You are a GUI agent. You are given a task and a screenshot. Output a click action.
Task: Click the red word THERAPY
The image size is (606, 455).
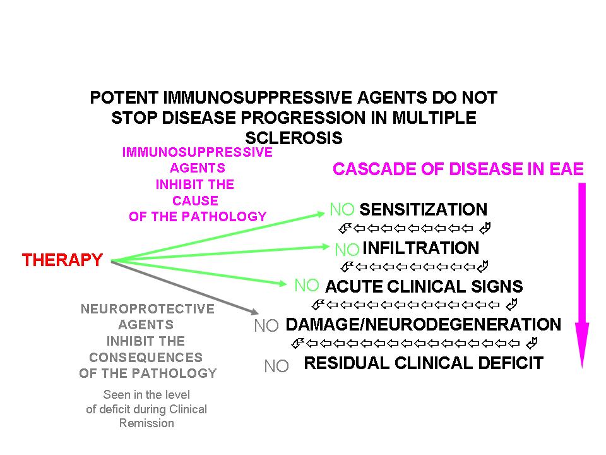(x=62, y=260)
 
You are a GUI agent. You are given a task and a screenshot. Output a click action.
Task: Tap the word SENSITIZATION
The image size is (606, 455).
(x=423, y=210)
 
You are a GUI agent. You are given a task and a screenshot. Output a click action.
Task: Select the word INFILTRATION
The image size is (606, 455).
(x=421, y=248)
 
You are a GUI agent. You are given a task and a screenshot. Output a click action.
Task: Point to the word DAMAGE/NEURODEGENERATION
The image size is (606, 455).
(x=423, y=325)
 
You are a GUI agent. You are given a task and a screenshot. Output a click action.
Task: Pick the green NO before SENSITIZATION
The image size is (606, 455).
(x=343, y=210)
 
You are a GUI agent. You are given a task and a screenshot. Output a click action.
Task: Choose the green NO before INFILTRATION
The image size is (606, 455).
(x=347, y=249)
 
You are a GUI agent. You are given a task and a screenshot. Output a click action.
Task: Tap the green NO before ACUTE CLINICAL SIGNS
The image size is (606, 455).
(x=307, y=286)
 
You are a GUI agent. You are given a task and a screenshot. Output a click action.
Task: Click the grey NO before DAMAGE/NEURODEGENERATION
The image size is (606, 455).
(x=266, y=326)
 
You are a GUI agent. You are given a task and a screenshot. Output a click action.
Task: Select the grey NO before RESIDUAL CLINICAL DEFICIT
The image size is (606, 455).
(x=276, y=366)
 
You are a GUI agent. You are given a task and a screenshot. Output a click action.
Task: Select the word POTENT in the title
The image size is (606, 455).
(x=124, y=99)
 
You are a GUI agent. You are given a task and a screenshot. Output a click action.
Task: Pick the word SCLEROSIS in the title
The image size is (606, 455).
(x=294, y=138)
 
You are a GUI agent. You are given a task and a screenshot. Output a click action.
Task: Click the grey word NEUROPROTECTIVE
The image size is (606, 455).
(x=148, y=309)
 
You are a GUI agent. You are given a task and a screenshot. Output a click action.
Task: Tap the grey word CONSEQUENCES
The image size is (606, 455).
(x=146, y=357)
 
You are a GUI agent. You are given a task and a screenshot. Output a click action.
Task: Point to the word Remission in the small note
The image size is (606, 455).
(x=146, y=423)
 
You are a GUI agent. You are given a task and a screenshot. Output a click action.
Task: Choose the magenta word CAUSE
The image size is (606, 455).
(x=197, y=201)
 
